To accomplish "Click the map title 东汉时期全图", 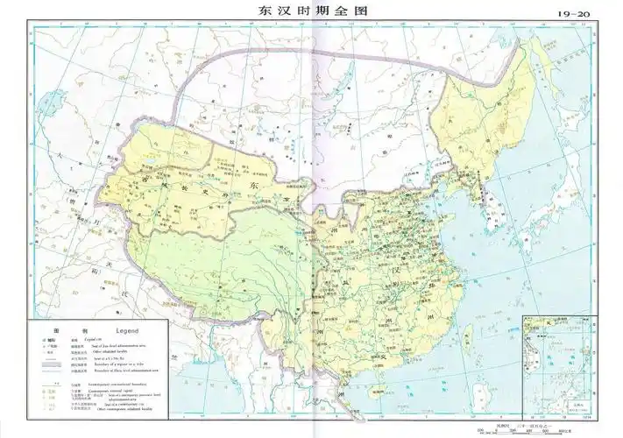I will (311, 13).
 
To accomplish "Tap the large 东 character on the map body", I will (254, 187).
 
